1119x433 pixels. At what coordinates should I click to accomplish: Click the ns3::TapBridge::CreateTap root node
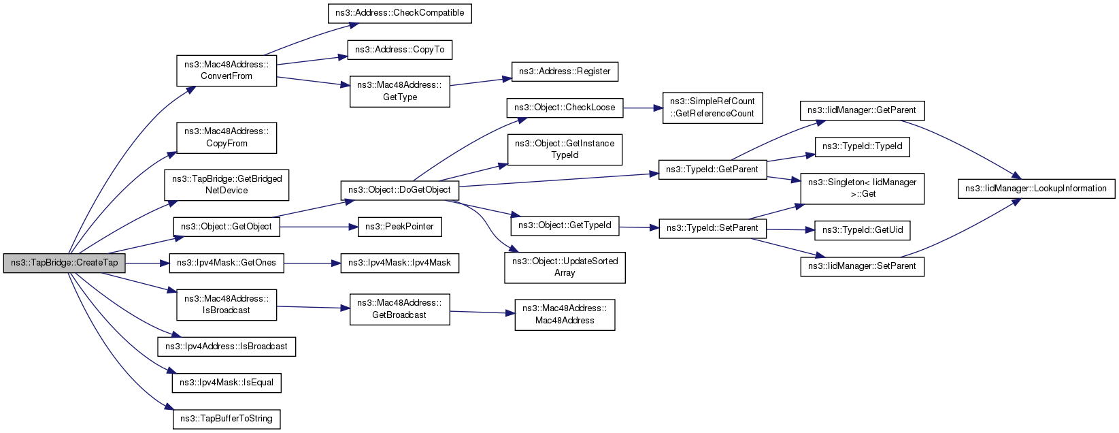tap(64, 263)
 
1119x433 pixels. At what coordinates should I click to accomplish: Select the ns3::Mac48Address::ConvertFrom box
tap(227, 71)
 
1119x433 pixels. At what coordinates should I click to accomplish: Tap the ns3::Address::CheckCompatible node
tap(399, 13)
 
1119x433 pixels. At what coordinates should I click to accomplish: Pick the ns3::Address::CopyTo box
tap(399, 50)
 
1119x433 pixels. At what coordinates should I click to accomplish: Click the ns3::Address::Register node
tap(565, 71)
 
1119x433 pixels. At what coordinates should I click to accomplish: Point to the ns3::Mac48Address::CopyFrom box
tap(227, 138)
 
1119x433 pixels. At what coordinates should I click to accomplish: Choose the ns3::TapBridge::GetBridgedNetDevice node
tap(227, 185)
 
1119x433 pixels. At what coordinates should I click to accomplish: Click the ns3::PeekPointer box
tap(399, 227)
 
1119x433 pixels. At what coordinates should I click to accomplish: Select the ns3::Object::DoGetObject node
tap(399, 190)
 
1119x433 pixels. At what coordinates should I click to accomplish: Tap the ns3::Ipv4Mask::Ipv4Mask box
tap(399, 263)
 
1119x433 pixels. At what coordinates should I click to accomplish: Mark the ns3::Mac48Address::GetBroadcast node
tap(399, 309)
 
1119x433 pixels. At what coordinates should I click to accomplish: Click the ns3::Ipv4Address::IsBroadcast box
tap(227, 347)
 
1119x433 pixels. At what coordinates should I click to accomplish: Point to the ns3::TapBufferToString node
tap(227, 419)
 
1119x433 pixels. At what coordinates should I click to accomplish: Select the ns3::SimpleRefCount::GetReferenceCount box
tap(712, 108)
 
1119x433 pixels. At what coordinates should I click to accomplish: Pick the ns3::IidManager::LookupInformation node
tap(1036, 189)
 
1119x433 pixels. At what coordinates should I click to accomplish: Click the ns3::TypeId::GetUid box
tap(863, 230)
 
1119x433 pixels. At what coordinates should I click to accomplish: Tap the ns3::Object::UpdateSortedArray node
tap(565, 267)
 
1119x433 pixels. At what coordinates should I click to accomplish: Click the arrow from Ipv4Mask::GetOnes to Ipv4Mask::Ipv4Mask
tap(312, 263)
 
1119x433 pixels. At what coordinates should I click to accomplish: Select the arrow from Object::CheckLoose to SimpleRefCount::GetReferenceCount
tap(642, 108)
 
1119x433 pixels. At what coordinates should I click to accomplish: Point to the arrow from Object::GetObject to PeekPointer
tap(319, 227)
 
